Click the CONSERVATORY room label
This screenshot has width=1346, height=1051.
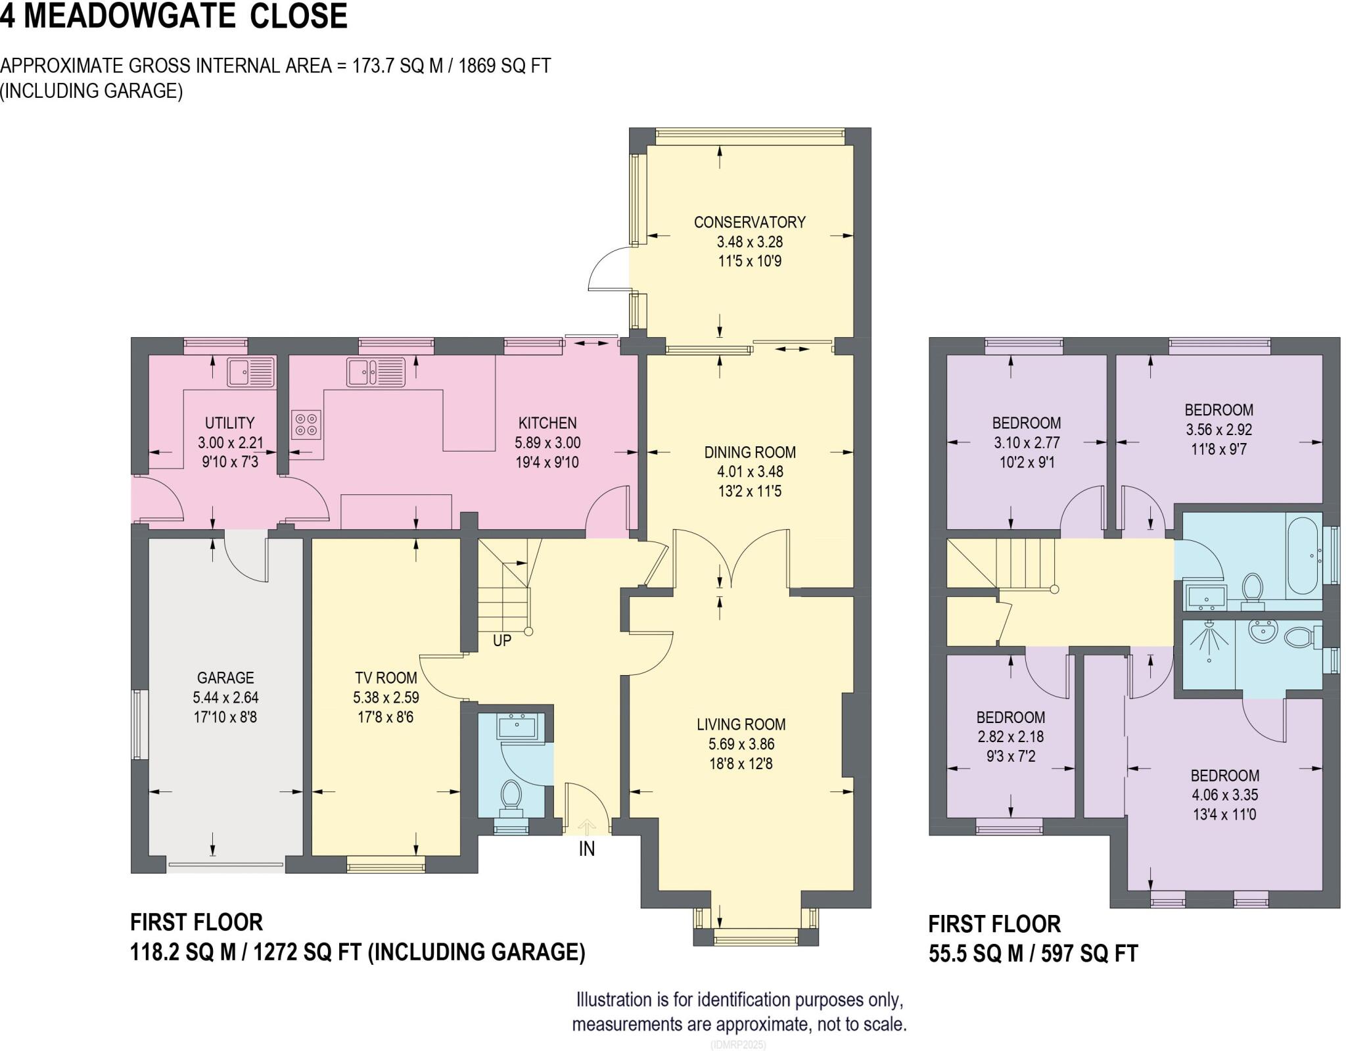click(x=749, y=222)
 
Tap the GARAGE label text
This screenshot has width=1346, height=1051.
click(x=225, y=678)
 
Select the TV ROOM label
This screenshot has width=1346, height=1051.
click(x=386, y=678)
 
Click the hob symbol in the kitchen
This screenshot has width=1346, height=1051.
click(x=306, y=424)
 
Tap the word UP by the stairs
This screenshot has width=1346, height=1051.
click(x=502, y=640)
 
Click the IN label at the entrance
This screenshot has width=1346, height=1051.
click(x=587, y=849)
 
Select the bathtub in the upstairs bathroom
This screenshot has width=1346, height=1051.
click(x=1302, y=555)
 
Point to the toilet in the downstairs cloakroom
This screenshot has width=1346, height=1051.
click(x=511, y=796)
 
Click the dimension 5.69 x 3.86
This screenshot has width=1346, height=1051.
click(x=741, y=744)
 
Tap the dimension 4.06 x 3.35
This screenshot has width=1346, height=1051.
click(x=1224, y=795)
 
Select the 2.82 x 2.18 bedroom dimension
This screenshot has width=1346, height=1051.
click(x=1011, y=737)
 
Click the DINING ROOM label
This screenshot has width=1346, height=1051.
click(x=750, y=452)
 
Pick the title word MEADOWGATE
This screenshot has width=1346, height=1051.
click(x=129, y=16)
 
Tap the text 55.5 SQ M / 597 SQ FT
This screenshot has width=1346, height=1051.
click(x=1033, y=953)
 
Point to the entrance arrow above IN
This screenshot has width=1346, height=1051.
click(x=587, y=826)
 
